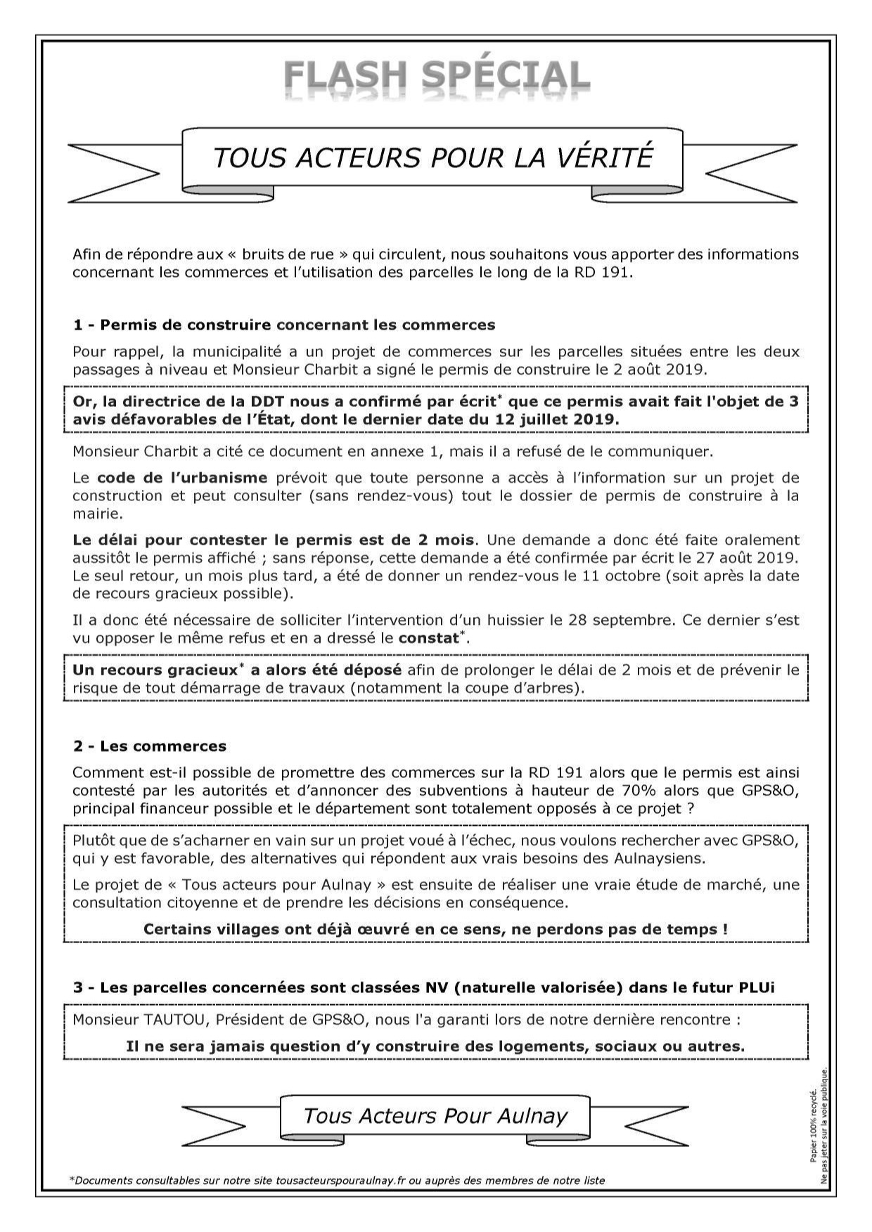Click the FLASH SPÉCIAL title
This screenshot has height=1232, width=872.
436,77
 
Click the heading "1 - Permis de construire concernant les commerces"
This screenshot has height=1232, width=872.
284,325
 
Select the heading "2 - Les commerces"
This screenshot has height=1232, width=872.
149,746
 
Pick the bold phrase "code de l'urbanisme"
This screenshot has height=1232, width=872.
182,478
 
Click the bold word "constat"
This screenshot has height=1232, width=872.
428,639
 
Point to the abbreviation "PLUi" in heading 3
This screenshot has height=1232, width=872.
757,987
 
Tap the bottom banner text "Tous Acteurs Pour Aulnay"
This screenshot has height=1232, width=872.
435,1115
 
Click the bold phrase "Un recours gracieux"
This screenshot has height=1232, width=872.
155,670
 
